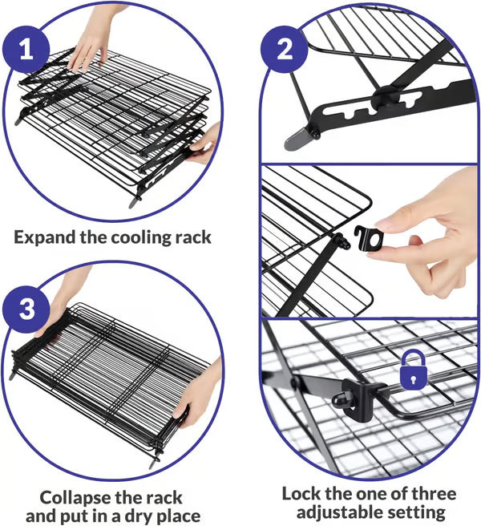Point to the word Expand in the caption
46,237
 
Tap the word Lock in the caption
301,493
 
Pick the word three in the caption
431,493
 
